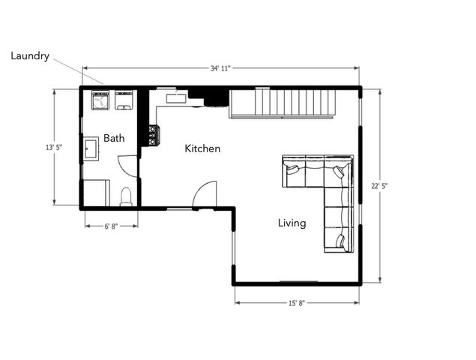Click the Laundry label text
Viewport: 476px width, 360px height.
30,56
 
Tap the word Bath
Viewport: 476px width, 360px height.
114,138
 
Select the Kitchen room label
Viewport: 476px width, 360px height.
202,148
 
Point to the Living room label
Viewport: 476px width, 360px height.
292,223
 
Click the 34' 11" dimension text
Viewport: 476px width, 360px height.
220,68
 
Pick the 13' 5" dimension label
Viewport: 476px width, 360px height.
53,148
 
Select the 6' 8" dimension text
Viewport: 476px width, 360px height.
111,223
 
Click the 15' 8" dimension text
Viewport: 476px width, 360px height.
296,303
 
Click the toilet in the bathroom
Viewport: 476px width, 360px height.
126,196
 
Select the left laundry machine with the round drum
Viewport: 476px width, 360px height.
100,100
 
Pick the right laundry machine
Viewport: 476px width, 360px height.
124,100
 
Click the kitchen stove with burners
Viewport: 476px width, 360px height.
153,135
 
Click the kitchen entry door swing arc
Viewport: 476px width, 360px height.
204,195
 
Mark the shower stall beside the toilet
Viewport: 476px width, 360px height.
96,193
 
